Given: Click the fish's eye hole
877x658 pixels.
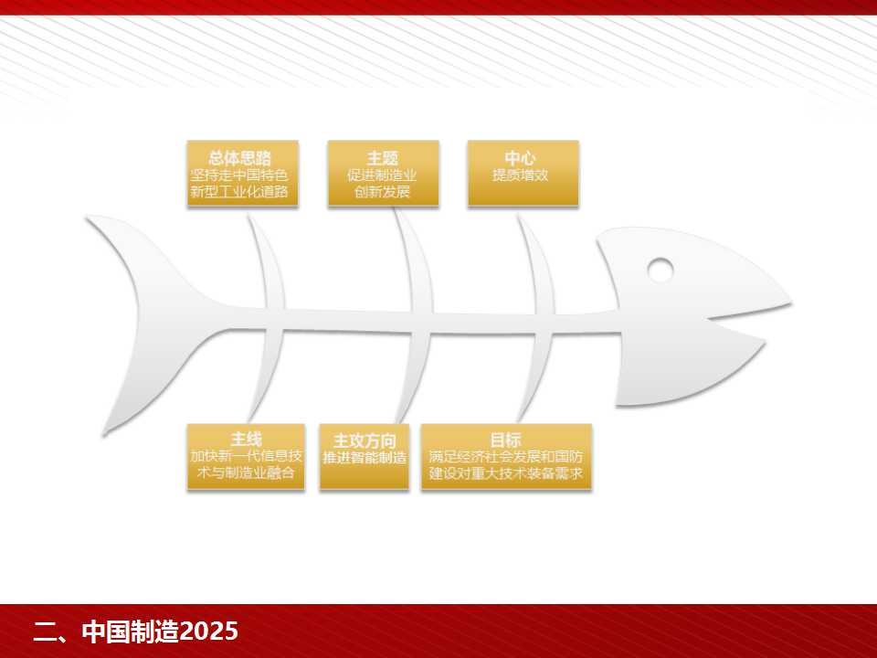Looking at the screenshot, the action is (x=660, y=271).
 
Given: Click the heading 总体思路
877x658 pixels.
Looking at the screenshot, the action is (x=239, y=158).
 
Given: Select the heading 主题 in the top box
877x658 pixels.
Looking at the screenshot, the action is (x=383, y=158).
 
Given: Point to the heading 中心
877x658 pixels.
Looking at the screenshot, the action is (x=520, y=158).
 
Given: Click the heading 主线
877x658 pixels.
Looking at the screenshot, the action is (x=246, y=440).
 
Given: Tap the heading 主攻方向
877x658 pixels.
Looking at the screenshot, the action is (x=365, y=440).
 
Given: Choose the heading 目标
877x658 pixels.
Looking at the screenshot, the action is (x=505, y=440).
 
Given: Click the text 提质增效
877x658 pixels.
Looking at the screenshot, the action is (x=520, y=175).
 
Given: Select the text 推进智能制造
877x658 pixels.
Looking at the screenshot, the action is (x=365, y=458).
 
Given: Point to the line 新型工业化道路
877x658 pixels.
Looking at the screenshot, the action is (x=239, y=192).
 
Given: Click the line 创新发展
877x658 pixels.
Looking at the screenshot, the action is (x=383, y=192).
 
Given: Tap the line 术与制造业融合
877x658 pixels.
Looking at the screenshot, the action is (x=246, y=472).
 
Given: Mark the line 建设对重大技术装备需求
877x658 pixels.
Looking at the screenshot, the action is (x=505, y=472).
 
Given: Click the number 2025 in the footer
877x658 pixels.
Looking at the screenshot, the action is (x=208, y=631).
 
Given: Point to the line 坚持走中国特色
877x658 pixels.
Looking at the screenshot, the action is (x=239, y=175).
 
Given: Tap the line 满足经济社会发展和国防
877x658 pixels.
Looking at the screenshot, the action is (x=505, y=457).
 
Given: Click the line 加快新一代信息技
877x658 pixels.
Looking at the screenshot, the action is (x=246, y=457).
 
